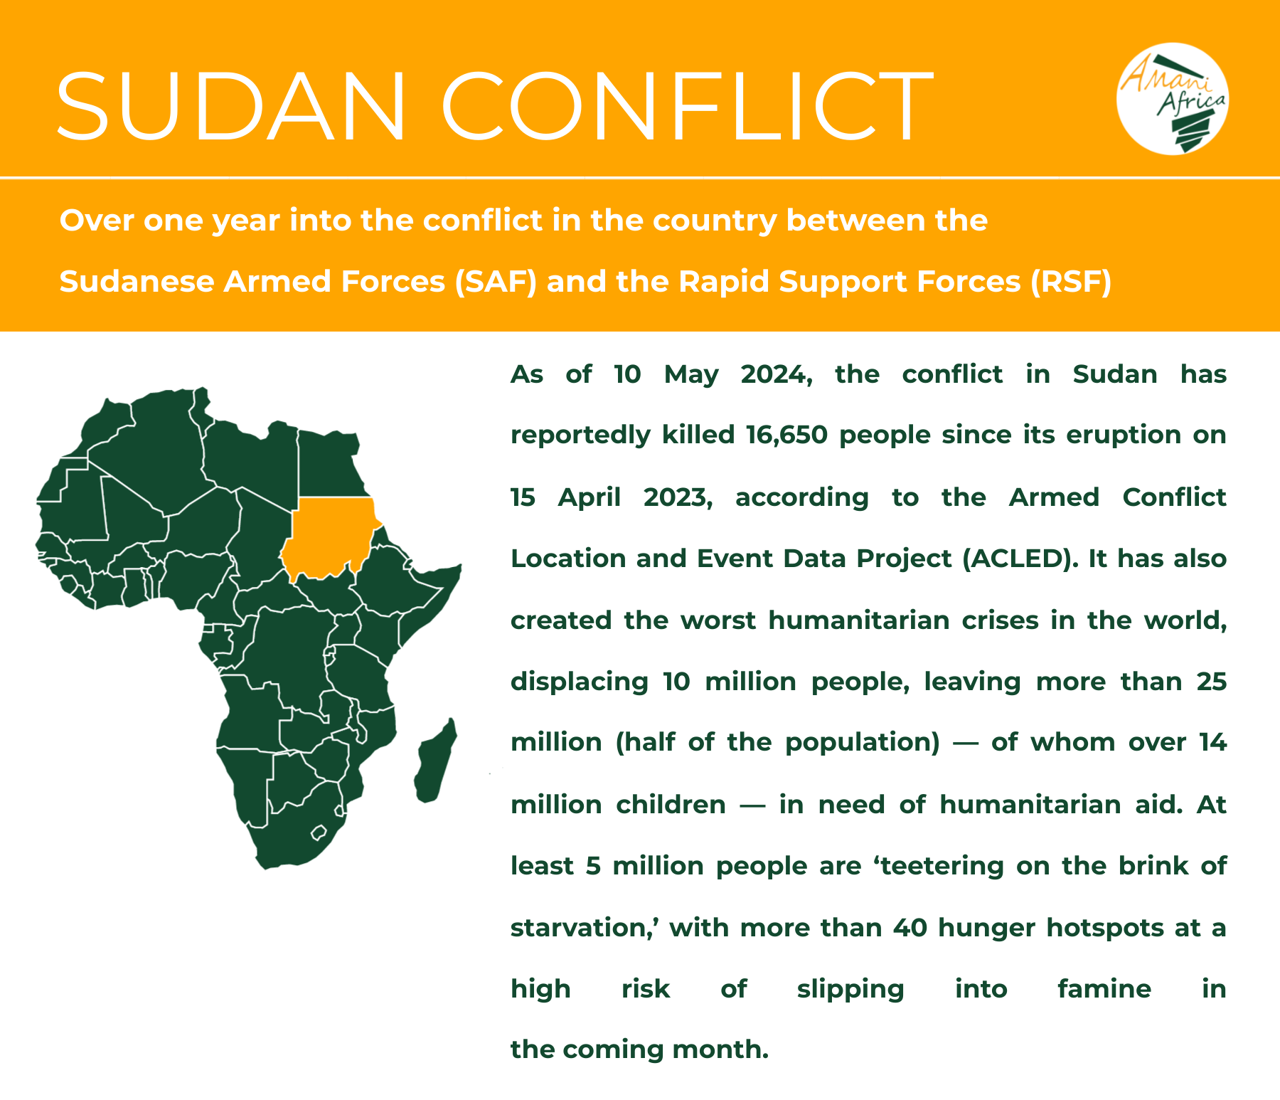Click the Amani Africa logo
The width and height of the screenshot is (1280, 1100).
pyautogui.click(x=1173, y=99)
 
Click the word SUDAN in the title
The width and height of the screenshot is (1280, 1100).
pyautogui.click(x=232, y=107)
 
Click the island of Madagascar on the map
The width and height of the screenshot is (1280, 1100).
pyautogui.click(x=434, y=761)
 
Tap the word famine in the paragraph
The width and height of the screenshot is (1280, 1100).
pyautogui.click(x=1104, y=989)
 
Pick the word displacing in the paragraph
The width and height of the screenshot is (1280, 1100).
pyautogui.click(x=580, y=682)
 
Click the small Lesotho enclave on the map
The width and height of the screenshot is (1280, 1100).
pyautogui.click(x=318, y=832)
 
